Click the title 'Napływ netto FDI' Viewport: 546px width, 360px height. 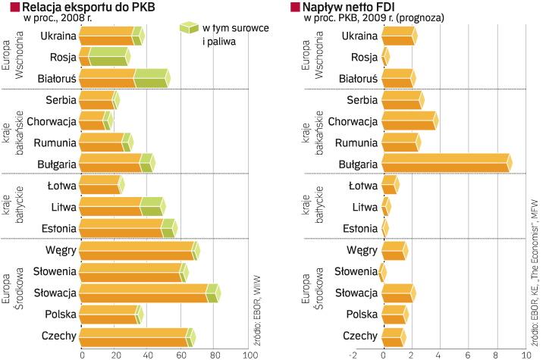(x=349, y=7)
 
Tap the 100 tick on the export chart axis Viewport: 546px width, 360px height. (x=249, y=353)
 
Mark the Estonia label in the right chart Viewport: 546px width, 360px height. (x=359, y=228)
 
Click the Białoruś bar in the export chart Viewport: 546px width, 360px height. (x=124, y=78)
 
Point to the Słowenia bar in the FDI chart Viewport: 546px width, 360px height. (x=382, y=271)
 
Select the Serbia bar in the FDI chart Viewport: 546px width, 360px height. (x=403, y=100)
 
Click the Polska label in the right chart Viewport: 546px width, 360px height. (x=361, y=315)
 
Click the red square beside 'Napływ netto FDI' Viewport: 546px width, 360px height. (x=296, y=7)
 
